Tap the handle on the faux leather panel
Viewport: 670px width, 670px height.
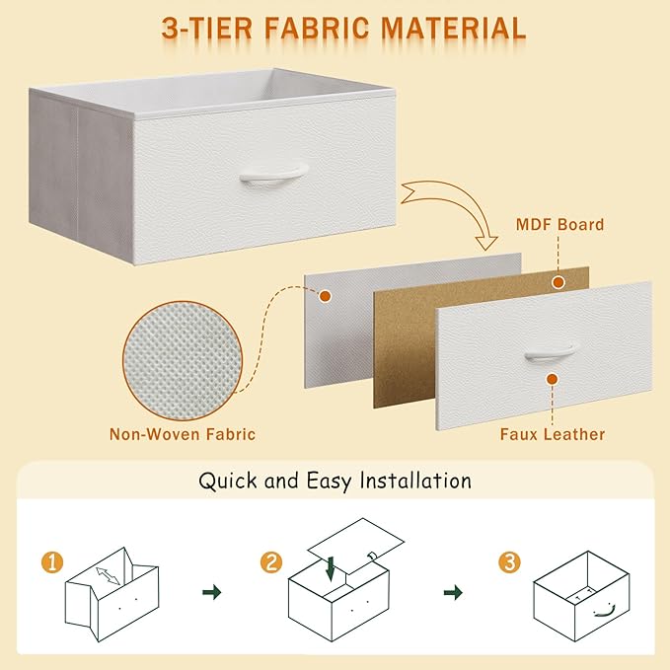549,350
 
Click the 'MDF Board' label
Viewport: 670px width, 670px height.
560,225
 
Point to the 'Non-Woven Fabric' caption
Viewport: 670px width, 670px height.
184,434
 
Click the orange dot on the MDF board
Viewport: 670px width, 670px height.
558,282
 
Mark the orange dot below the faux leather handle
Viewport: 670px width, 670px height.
552,376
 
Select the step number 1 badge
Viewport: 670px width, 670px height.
53,564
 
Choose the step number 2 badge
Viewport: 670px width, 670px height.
272,563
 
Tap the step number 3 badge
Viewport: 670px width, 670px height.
509,562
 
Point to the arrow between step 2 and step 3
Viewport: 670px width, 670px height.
453,592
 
